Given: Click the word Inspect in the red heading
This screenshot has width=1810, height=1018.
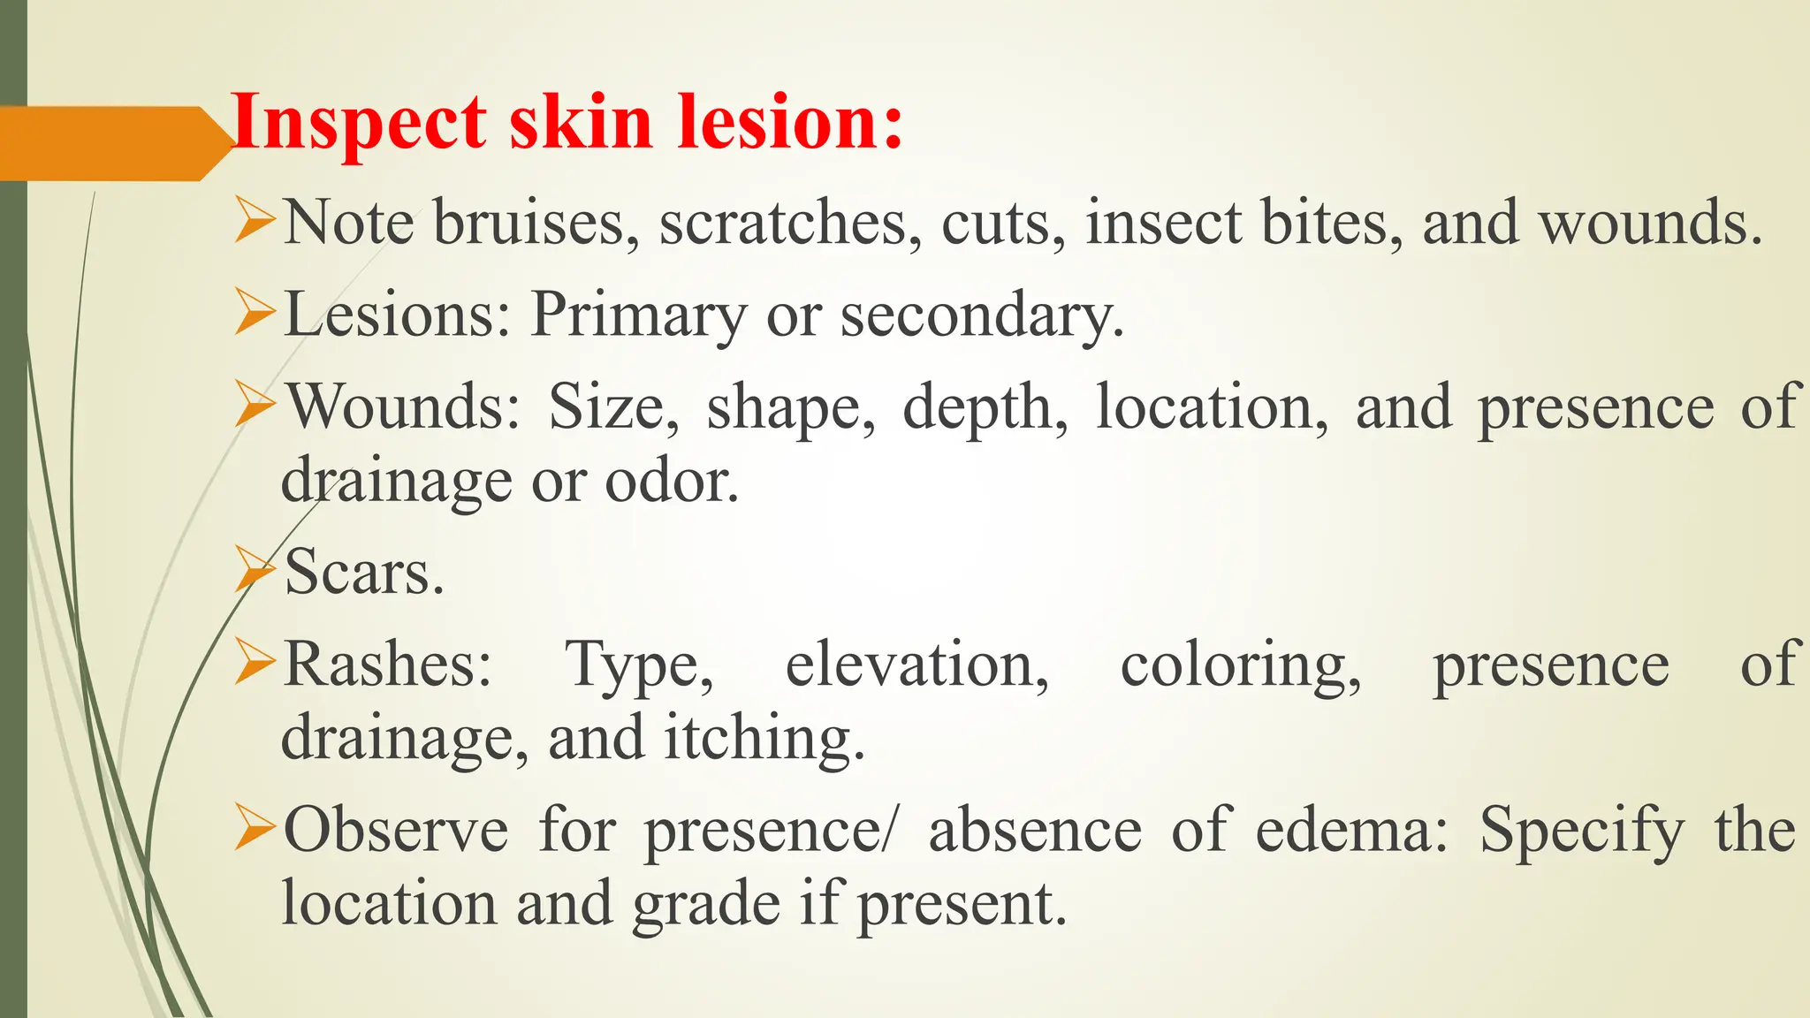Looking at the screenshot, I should pos(358,124).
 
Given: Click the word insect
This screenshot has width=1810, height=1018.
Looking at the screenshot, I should pos(1163,223).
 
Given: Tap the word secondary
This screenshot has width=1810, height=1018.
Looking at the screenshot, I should pos(981,315).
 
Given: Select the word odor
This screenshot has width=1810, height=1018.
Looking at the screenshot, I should pos(671,482).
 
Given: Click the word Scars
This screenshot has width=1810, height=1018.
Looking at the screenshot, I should pos(363,573).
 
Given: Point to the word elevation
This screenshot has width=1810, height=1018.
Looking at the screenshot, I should pos(916,665).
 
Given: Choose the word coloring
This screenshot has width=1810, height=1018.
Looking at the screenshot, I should pos(1240,665).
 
